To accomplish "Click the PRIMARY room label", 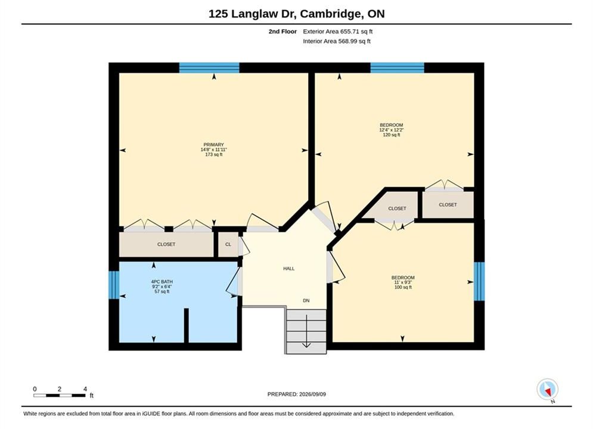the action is tap(214, 144).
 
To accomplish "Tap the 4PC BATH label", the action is tap(162, 282).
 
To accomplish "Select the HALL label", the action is tap(289, 269).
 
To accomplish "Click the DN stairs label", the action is tap(306, 301).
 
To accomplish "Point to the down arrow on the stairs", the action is tap(306, 331).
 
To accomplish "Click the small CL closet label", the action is tap(228, 244).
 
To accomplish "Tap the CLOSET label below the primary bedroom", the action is tap(166, 244).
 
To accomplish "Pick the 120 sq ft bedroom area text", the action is tap(392, 135).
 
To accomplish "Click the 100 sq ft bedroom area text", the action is tap(403, 287).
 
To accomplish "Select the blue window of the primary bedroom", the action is tap(209, 68).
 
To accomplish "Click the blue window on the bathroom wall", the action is tap(114, 285).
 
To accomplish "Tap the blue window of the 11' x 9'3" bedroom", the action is tap(479, 281).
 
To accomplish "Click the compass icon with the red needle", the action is tap(547, 389).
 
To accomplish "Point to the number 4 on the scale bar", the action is tap(85, 389).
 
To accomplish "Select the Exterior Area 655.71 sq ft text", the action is tap(338, 32).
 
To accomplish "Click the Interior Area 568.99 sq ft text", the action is tap(337, 41).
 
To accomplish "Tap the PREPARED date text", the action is tap(297, 394).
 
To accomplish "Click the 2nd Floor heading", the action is tap(282, 32).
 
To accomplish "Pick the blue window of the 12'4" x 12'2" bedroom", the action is tap(397, 68).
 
